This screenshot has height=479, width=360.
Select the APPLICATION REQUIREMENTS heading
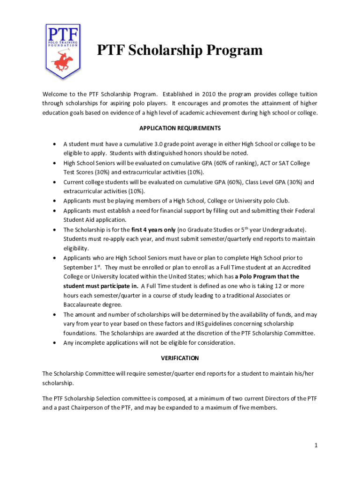(x=180, y=128)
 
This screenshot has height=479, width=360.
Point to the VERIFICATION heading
(x=180, y=358)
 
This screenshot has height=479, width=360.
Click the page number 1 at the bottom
(x=316, y=445)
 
